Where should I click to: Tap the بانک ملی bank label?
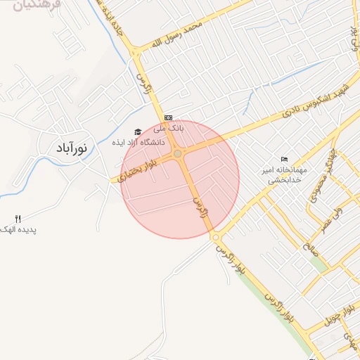pos(169,129)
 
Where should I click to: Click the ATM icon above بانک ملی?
pos(168,117)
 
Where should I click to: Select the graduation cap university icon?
pos(138,131)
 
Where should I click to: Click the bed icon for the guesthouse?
pos(284,158)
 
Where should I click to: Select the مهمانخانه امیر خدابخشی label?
pos(284,174)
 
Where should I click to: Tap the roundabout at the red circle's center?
pos(179,153)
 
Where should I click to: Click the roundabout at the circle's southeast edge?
pos(216,238)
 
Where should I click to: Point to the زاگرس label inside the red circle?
pos(201,210)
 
